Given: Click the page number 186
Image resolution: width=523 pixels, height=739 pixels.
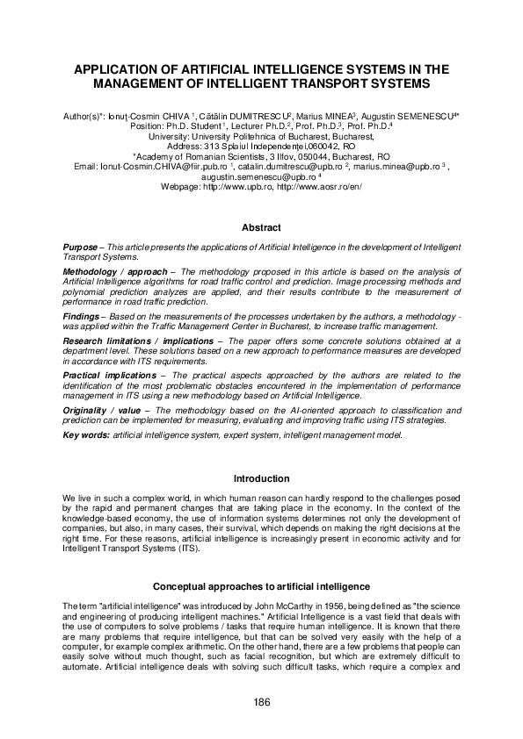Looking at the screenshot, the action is click(x=261, y=701).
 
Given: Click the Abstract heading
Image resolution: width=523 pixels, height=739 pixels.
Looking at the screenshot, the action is click(x=261, y=227).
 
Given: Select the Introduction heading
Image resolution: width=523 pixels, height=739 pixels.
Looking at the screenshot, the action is click(x=261, y=478).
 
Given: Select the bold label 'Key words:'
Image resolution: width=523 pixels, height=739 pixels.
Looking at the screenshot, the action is click(x=86, y=435).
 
